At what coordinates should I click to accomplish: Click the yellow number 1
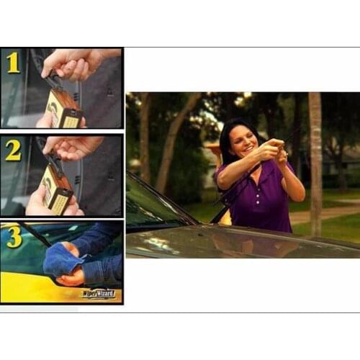coord(13,63)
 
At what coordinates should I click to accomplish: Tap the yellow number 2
coord(13,150)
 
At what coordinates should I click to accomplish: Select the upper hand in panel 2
coord(72,148)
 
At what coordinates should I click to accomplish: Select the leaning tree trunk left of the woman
coord(170,144)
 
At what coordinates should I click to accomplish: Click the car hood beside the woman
coord(238,241)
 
